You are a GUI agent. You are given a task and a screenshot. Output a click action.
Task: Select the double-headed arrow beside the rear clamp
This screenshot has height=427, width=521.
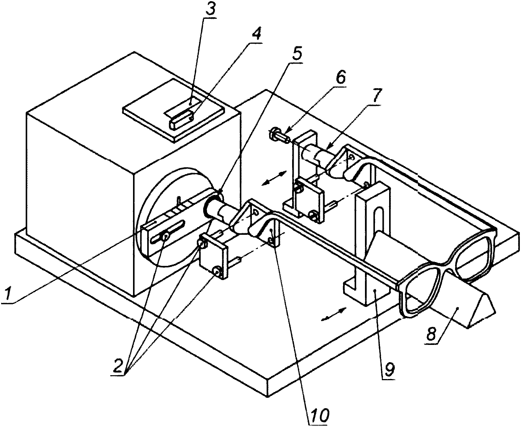pyautogui.click(x=274, y=178)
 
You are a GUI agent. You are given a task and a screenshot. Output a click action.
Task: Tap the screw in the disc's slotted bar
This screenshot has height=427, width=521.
pyautogui.click(x=165, y=237)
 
